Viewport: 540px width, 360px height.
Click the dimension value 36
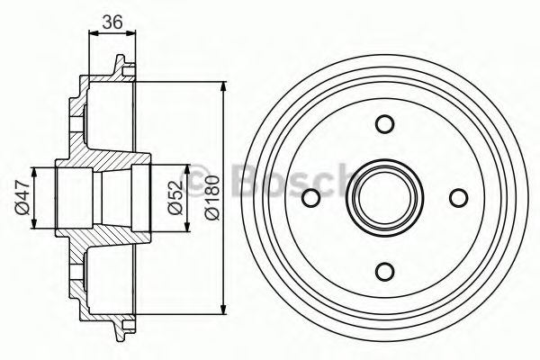pos(112,22)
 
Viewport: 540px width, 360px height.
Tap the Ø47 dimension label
pos(22,198)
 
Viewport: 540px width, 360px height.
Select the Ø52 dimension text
pos(175,198)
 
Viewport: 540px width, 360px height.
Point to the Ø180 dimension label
pos(211,197)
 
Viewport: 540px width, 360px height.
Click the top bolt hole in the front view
pos(384,123)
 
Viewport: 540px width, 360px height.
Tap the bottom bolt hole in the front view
pos(384,271)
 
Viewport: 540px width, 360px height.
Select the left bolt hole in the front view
pos(311,198)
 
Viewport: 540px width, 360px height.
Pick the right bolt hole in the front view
pos(459,198)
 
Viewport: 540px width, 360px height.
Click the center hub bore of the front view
pos(384,198)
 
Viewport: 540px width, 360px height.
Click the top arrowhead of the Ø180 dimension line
pos(224,86)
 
